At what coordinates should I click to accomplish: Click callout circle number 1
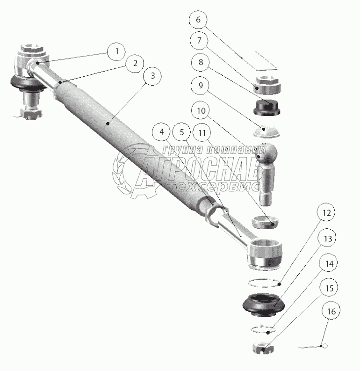pyautogui.click(x=116, y=51)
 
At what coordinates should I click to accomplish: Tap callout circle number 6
pyautogui.click(x=198, y=20)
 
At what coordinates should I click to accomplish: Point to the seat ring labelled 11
pyautogui.click(x=266, y=221)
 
